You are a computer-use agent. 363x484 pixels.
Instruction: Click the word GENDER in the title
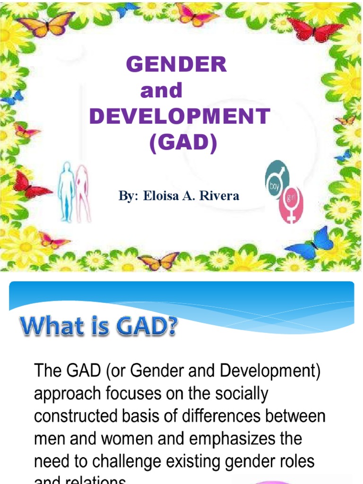(x=176, y=65)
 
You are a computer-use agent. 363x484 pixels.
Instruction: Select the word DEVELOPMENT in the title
(x=180, y=116)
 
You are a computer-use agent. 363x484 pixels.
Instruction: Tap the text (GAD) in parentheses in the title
(x=183, y=142)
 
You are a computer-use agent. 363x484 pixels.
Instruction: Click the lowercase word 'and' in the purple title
(x=161, y=91)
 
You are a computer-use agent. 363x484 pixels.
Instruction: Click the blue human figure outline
(x=66, y=191)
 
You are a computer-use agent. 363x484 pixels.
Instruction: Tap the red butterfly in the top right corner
(x=314, y=29)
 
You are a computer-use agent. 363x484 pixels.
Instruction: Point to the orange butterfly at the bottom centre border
(x=158, y=260)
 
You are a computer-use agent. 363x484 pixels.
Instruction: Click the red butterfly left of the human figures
(x=29, y=185)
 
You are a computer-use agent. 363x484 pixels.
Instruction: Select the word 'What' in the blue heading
(x=46, y=327)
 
